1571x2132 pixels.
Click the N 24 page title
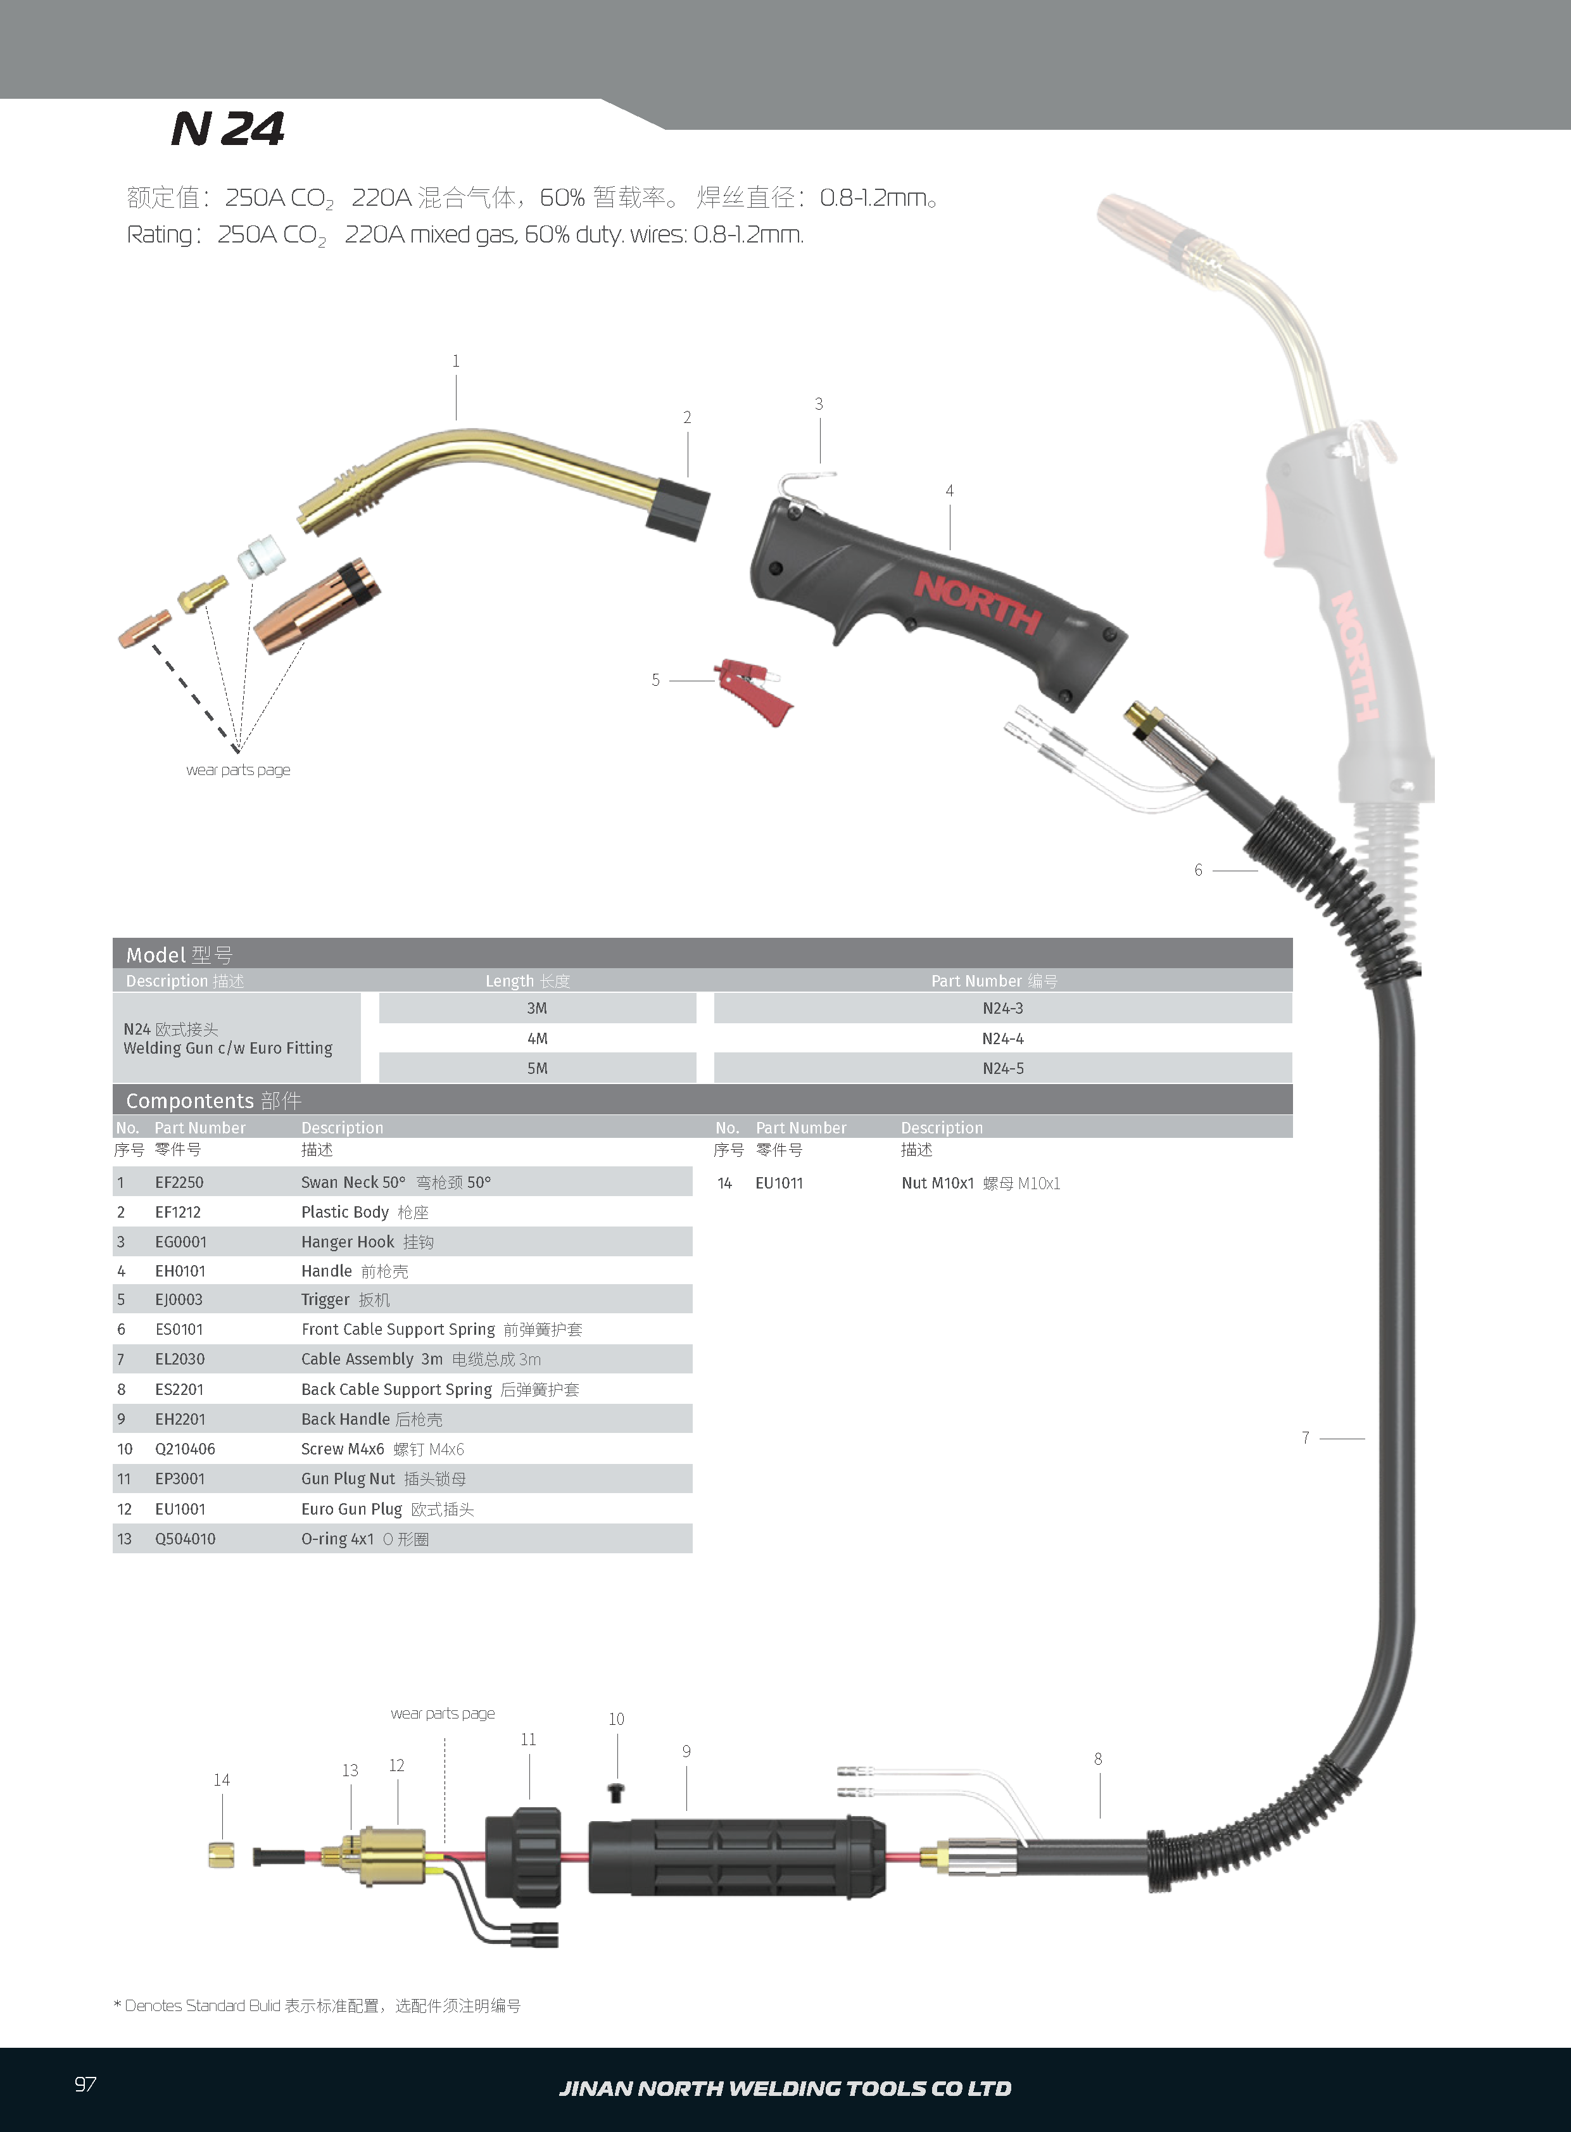(x=227, y=129)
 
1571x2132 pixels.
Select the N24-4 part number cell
(x=1002, y=1038)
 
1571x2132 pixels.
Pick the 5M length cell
(x=538, y=1068)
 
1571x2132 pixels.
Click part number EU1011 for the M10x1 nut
(x=779, y=1183)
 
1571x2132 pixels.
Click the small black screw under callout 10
(x=616, y=1793)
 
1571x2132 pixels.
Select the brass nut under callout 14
(x=222, y=1854)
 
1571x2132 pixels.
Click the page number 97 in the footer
(x=85, y=2085)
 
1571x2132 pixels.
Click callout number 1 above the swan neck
(x=455, y=362)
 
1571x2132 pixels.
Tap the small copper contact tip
(x=144, y=629)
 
